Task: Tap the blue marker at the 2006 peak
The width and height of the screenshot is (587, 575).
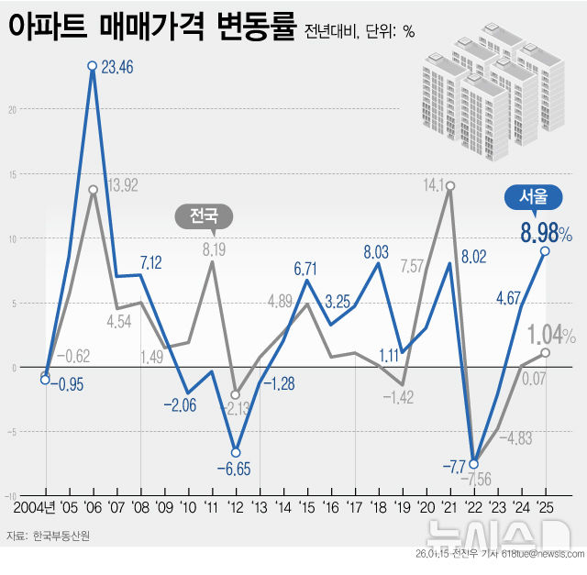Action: click(x=93, y=66)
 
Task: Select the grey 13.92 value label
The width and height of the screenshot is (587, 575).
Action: click(x=122, y=185)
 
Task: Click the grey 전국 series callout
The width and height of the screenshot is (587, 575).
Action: click(x=204, y=216)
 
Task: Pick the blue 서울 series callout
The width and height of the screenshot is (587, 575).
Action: click(x=534, y=195)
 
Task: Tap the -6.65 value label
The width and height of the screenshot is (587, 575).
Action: click(x=235, y=470)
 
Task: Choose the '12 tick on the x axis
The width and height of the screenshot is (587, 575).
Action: click(x=235, y=505)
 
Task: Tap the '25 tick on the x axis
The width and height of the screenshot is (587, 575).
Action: click(x=546, y=505)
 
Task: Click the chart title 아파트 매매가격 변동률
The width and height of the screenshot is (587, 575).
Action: click(x=152, y=27)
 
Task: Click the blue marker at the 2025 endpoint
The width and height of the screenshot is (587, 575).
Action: click(x=546, y=251)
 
